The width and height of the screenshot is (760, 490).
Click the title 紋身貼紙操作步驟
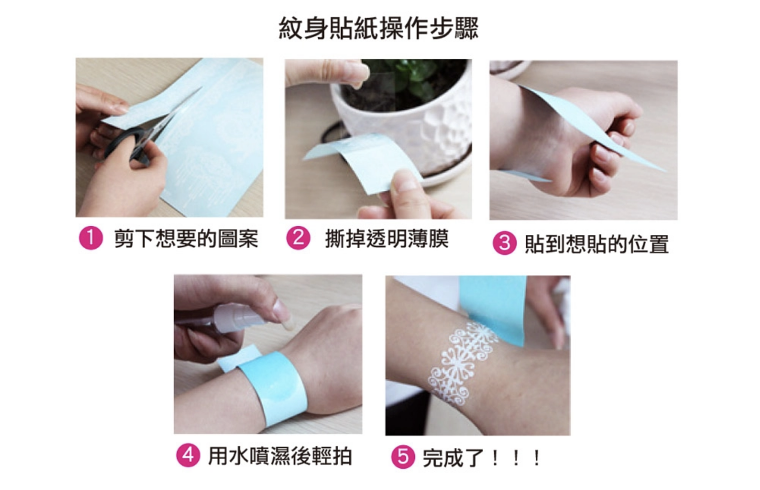click(378, 29)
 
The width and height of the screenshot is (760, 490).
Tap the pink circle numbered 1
click(91, 238)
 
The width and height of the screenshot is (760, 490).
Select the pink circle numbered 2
click(298, 238)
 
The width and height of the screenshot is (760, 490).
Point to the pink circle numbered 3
click(504, 243)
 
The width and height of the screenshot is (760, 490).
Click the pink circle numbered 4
click(188, 456)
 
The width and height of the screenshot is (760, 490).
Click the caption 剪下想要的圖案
click(186, 238)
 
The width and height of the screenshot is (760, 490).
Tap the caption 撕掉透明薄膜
click(387, 238)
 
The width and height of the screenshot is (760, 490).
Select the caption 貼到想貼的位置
click(597, 243)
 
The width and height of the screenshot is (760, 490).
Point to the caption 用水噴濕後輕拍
click(280, 456)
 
